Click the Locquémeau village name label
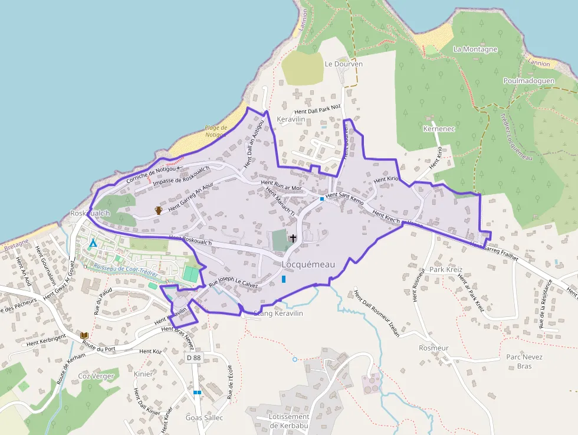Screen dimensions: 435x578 (x=308, y=265)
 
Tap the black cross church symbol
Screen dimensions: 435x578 (x=293, y=238)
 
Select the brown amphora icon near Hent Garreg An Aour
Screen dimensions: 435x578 (x=158, y=210)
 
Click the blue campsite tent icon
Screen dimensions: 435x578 (x=93, y=243)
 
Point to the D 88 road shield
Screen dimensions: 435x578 (x=193, y=358)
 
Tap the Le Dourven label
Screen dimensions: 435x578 (x=343, y=64)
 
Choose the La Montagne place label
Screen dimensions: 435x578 (x=475, y=50)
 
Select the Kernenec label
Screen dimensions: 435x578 (x=439, y=129)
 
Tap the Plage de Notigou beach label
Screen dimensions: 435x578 (x=215, y=131)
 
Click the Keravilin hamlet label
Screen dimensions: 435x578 (x=291, y=119)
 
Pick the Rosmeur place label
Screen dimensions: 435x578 (x=433, y=348)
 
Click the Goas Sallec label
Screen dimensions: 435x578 (x=204, y=417)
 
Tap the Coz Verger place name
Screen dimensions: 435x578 (x=96, y=376)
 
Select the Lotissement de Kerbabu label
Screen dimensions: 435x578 (x=288, y=421)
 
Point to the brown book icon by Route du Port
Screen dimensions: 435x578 (x=84, y=336)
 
